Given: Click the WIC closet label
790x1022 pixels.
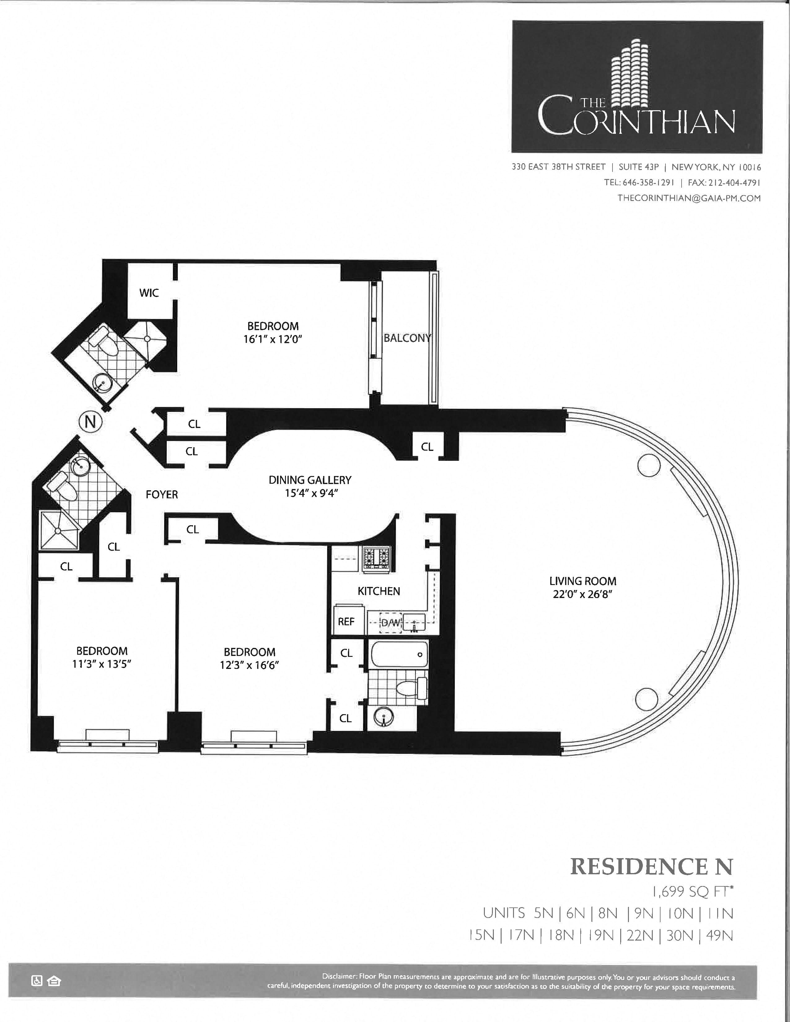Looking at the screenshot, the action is coord(149,293).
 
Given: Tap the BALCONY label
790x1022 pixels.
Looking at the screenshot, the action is coord(407,338).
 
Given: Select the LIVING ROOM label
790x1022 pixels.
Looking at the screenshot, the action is coord(583,581).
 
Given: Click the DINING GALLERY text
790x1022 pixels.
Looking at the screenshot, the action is coord(310,480).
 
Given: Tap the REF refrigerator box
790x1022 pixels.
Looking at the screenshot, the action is coord(346,621).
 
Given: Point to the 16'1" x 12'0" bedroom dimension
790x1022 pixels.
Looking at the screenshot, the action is coord(273,339).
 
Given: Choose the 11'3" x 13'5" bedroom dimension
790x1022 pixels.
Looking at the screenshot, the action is coord(102,664).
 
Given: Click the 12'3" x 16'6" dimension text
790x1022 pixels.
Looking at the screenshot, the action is coord(249,665).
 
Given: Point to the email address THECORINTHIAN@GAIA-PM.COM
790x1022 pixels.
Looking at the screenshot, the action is coord(689,198).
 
